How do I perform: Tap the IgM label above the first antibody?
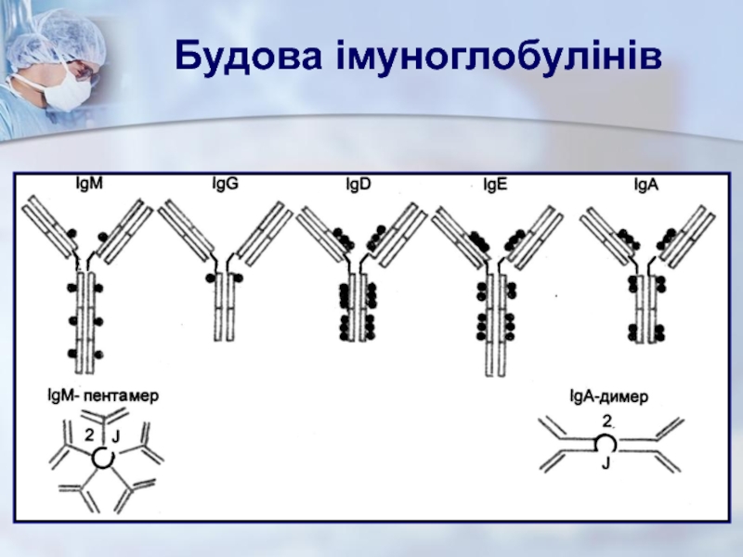coord(89,184)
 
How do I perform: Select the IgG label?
coord(226,184)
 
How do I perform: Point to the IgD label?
coord(358,184)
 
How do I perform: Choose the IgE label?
coord(495,184)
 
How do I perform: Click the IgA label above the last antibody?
coord(645,184)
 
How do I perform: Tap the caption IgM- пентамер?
coord(103,395)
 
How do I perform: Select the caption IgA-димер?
coord(608,396)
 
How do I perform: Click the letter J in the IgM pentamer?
coord(116,436)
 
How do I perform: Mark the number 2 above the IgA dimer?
coord(606,422)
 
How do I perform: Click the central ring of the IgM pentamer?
coord(102,458)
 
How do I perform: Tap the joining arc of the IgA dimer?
coord(606,443)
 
